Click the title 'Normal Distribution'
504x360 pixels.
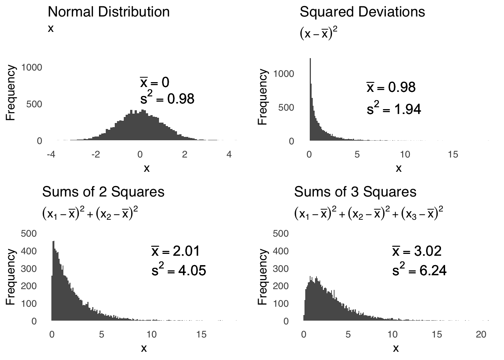[109, 12]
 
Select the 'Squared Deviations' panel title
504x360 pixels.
[362, 12]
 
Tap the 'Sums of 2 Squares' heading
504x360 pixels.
[103, 192]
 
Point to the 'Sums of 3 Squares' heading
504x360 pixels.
[355, 192]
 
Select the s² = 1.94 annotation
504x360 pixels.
[394, 109]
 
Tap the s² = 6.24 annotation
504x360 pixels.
[419, 270]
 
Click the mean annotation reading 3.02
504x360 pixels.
[417, 251]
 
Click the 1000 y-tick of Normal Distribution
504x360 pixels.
[32, 67]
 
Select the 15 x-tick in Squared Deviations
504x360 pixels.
[453, 154]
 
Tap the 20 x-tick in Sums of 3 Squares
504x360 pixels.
[481, 334]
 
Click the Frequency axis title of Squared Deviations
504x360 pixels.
[263, 97]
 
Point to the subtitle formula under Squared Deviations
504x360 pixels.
[318, 34]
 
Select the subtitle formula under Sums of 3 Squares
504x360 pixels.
[369, 214]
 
